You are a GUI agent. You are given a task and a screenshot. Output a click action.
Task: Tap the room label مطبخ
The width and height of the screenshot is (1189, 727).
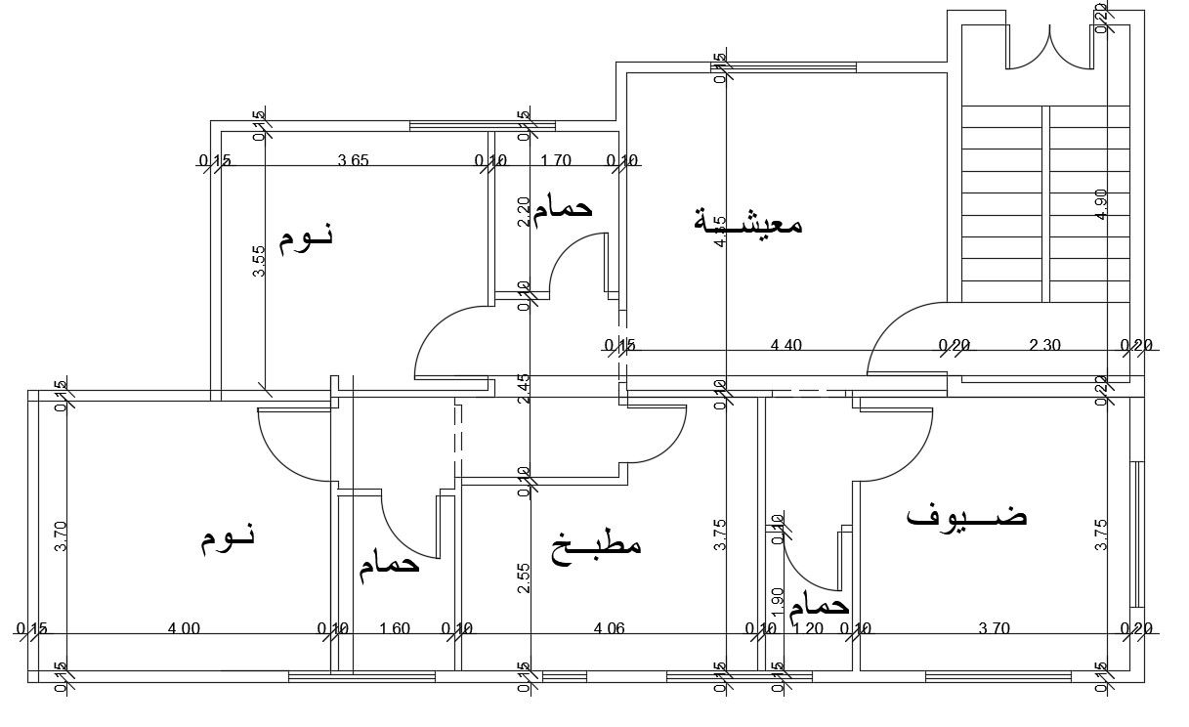click(596, 543)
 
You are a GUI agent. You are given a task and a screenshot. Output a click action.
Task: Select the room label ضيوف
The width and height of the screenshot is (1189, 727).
click(966, 515)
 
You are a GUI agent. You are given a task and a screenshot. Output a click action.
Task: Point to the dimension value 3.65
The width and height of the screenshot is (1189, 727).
click(353, 161)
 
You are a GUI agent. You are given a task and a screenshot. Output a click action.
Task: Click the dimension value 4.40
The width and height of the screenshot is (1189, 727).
click(786, 344)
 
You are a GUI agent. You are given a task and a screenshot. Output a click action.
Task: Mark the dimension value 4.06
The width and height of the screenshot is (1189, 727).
click(609, 629)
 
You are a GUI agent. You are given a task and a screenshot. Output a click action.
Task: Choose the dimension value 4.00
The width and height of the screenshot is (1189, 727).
click(184, 629)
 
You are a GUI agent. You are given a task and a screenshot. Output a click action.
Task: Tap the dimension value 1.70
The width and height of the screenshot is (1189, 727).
click(555, 161)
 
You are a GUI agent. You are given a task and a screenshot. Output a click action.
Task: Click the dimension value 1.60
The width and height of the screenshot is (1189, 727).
click(394, 629)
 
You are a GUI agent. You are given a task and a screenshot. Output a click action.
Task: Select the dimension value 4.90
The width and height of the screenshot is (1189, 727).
click(1102, 205)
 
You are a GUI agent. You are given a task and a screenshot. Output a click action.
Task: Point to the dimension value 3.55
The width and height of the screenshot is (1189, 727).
click(259, 261)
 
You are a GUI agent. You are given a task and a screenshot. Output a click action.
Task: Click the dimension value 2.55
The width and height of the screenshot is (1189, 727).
click(525, 578)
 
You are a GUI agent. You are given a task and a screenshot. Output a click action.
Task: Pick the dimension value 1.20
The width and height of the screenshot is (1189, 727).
click(808, 629)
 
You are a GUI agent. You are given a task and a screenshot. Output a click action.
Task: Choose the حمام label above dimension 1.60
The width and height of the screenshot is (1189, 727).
click(389, 564)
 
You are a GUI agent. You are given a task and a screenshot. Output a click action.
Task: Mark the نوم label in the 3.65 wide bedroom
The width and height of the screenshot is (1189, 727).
click(306, 237)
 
